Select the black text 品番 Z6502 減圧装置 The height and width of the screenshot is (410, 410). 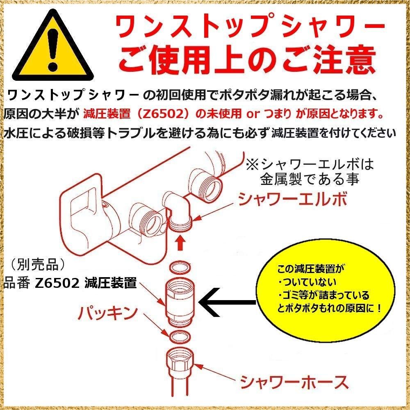70,283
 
